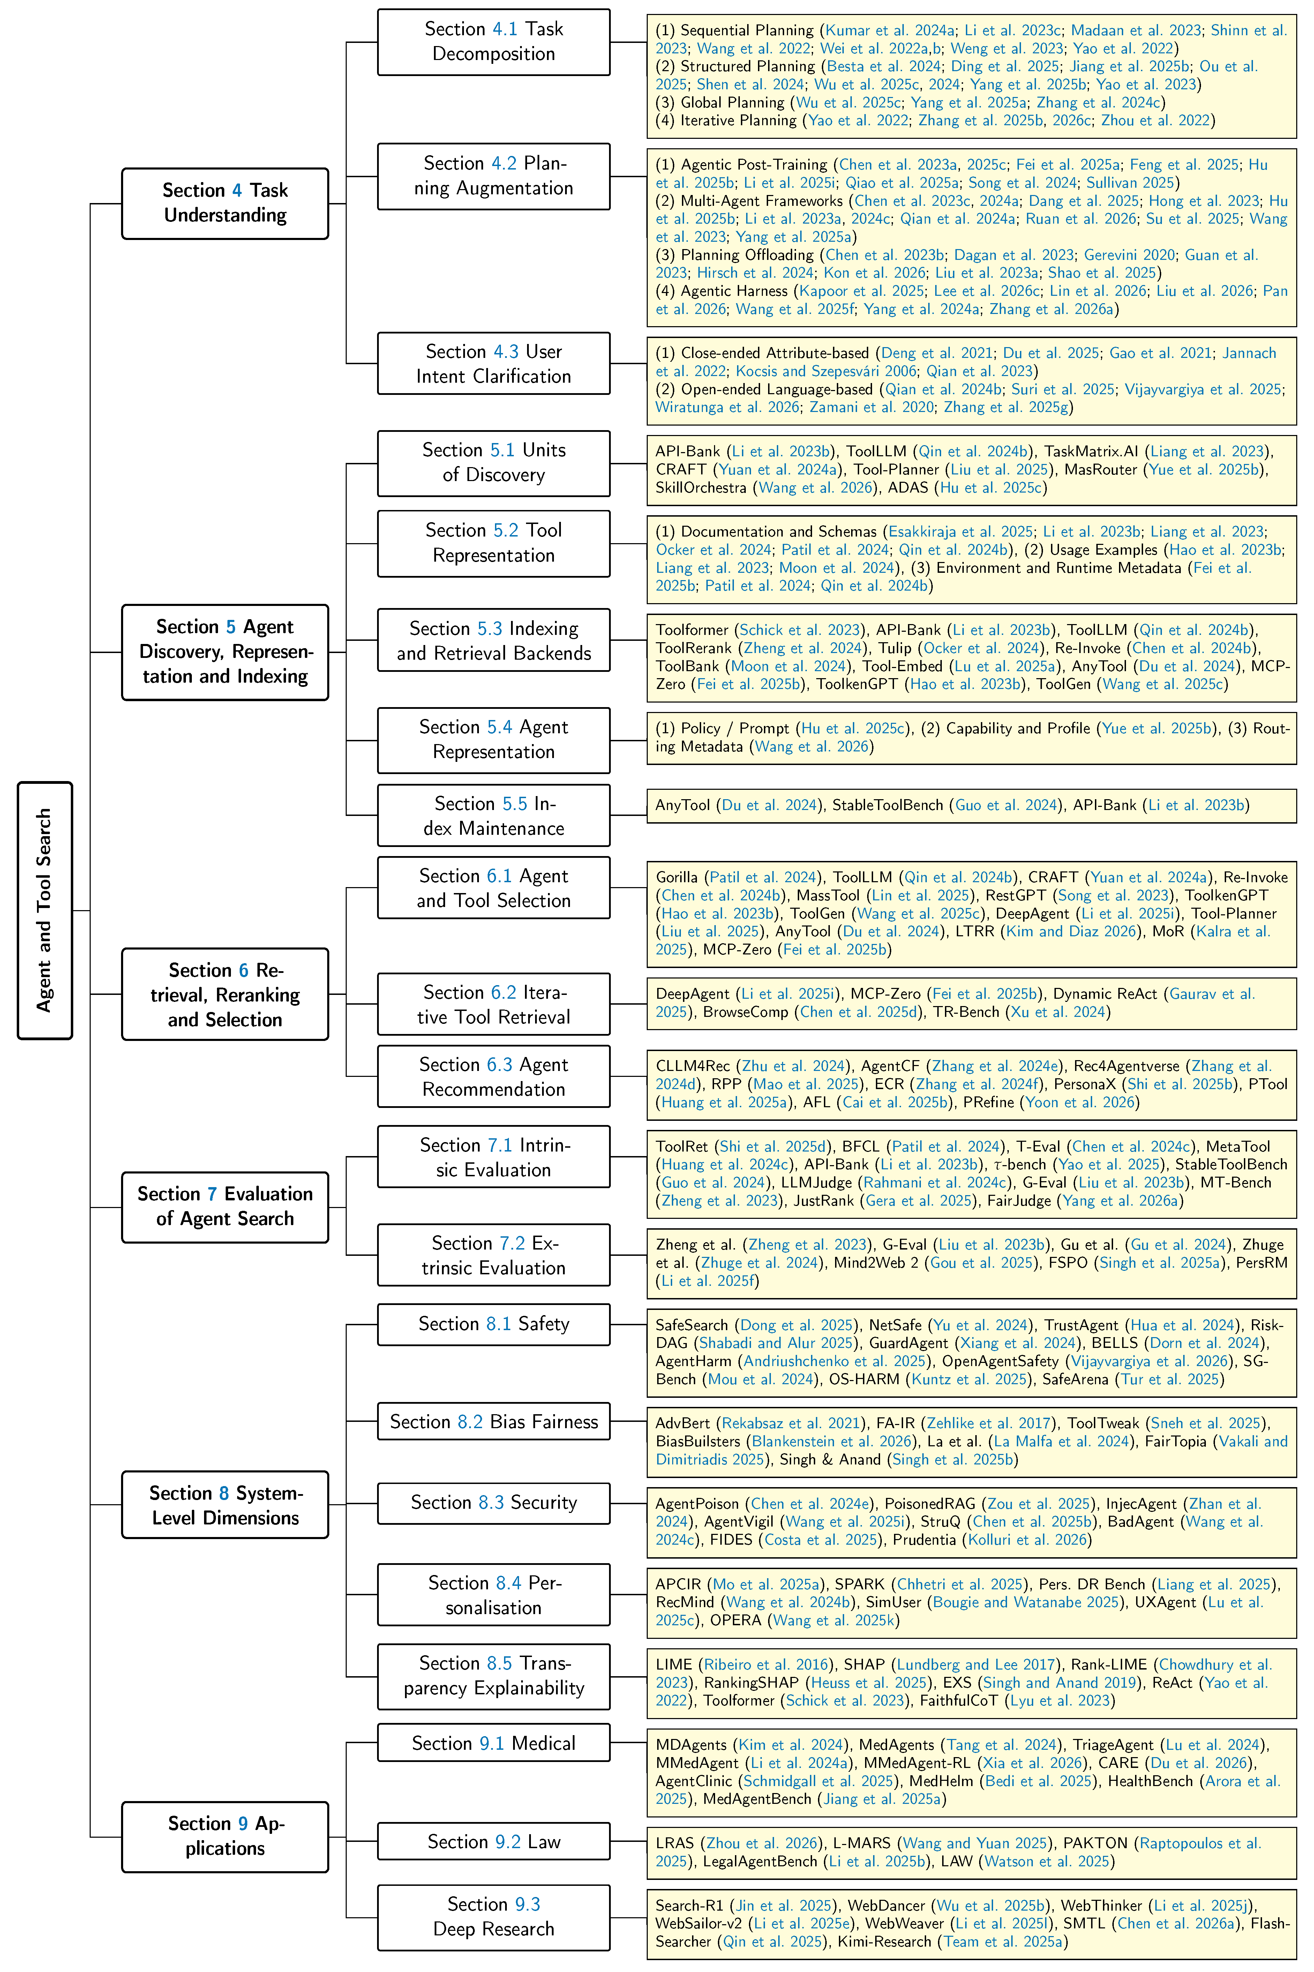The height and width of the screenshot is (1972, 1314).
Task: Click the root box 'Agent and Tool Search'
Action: (x=44, y=910)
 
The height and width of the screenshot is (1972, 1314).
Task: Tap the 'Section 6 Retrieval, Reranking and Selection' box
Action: (x=225, y=994)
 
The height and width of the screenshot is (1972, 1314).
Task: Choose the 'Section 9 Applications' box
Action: (x=225, y=1836)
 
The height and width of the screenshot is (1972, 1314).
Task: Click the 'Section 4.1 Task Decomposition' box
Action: (x=494, y=42)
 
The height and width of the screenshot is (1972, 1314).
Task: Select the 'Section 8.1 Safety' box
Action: (x=494, y=1324)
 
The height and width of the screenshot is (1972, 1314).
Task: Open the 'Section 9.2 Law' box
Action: (x=494, y=1841)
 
